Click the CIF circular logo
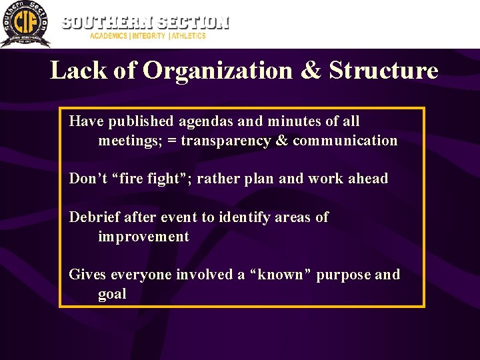point(25,24)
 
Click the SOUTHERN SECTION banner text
point(145,22)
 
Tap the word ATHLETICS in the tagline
point(189,36)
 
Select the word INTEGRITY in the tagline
point(149,36)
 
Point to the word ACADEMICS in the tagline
point(109,36)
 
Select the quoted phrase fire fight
point(151,179)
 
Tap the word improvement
point(143,237)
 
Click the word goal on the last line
point(112,295)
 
